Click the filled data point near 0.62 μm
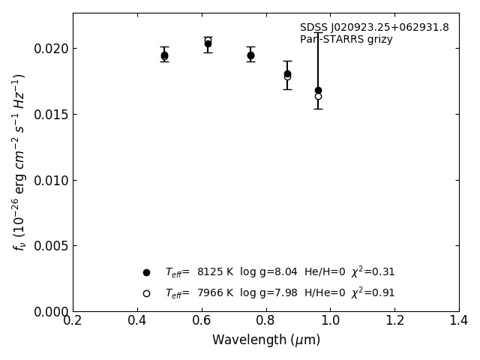(x=208, y=43)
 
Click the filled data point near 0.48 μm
(x=164, y=55)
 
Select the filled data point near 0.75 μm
(x=250, y=55)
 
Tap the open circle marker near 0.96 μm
(x=318, y=96)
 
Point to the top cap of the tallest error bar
(x=318, y=32)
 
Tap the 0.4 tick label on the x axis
(x=137, y=321)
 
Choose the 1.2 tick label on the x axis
(x=394, y=321)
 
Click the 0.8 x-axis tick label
(x=266, y=321)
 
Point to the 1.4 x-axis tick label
(x=459, y=321)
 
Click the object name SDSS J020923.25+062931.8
(x=374, y=28)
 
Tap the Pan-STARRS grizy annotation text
(x=346, y=40)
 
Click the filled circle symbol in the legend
(x=146, y=272)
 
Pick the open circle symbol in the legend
(x=146, y=293)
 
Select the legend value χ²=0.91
(x=373, y=293)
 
